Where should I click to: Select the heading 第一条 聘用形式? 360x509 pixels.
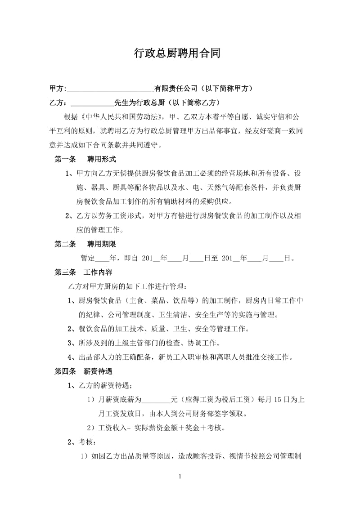85,159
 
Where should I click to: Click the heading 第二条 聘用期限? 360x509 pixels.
85,244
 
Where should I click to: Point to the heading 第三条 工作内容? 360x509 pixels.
83,272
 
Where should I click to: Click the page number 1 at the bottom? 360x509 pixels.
180,476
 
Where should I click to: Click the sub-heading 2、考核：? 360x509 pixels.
79,442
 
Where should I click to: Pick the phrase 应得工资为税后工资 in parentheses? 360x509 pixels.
218,400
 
